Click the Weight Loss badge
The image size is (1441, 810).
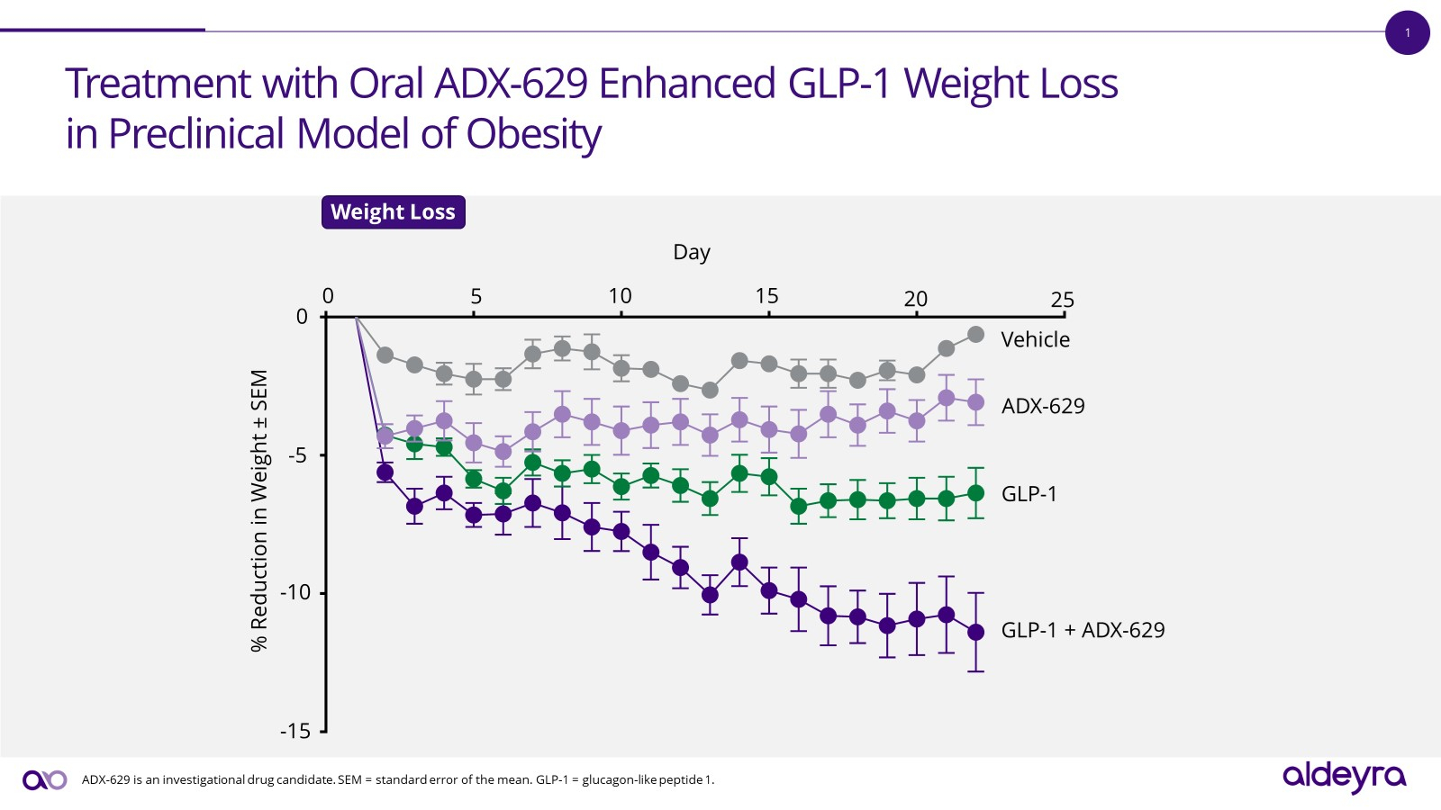coord(393,212)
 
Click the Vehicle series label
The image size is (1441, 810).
coord(1035,339)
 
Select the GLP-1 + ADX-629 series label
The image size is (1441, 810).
coord(1083,630)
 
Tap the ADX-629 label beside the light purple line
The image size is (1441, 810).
coord(1043,406)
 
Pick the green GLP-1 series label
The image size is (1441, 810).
coord(1029,494)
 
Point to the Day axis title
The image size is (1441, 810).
coord(692,253)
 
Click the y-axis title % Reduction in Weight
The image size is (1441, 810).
coord(259,510)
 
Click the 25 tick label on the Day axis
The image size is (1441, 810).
coord(1062,300)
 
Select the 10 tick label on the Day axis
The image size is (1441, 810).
coord(620,296)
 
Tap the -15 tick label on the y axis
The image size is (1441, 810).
coord(295,731)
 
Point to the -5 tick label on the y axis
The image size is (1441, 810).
coord(297,455)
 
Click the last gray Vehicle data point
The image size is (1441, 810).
coord(975,335)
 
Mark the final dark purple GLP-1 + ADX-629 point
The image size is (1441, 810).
coord(975,632)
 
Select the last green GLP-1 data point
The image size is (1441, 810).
coord(975,493)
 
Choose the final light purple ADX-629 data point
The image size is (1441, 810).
coord(975,402)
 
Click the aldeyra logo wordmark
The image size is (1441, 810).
coord(1344,776)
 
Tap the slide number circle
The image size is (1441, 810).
coord(1408,33)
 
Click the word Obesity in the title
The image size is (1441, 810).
coord(533,134)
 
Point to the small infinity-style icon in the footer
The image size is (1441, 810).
coord(45,780)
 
